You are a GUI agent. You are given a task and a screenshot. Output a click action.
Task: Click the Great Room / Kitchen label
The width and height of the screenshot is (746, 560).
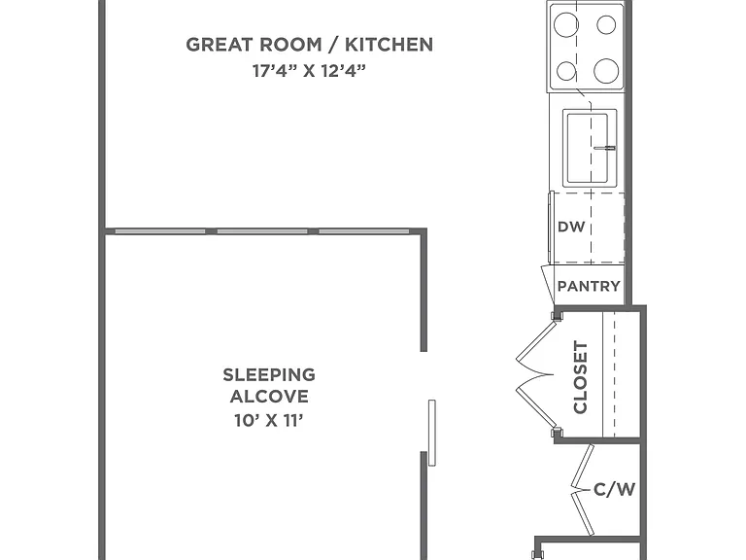(x=309, y=45)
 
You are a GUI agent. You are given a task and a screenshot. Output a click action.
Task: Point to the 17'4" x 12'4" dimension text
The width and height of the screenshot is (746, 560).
(x=309, y=71)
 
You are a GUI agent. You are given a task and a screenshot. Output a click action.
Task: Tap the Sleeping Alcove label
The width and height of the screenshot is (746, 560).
(x=269, y=385)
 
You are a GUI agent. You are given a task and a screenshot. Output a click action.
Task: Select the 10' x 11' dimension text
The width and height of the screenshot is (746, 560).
(x=269, y=420)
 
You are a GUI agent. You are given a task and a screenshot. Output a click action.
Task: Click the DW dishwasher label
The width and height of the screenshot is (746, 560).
(x=571, y=227)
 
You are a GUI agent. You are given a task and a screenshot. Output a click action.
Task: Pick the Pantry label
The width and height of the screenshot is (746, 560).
(x=589, y=286)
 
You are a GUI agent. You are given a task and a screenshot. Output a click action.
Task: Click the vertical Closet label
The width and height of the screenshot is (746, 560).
(x=581, y=377)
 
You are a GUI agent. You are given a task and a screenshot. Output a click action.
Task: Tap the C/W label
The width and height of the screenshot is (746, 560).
(x=614, y=489)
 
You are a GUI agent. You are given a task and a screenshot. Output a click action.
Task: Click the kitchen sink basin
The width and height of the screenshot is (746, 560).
(x=586, y=148)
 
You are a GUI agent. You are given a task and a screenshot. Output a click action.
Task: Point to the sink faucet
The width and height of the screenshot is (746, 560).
(x=605, y=148)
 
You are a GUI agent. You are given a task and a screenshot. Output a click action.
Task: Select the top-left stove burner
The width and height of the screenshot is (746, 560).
(x=565, y=24)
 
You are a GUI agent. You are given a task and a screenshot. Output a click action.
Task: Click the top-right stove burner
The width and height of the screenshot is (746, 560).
(x=606, y=24)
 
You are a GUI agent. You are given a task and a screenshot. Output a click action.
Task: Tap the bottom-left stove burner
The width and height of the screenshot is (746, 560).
(x=566, y=71)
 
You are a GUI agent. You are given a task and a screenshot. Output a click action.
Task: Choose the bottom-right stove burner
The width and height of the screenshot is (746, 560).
(x=606, y=71)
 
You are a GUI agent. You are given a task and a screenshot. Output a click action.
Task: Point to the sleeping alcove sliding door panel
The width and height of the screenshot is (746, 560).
(x=432, y=433)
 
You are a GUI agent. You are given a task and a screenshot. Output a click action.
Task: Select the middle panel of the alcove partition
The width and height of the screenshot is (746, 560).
(x=262, y=231)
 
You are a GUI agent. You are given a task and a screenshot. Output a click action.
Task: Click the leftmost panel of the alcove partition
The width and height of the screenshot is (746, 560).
(x=160, y=231)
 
